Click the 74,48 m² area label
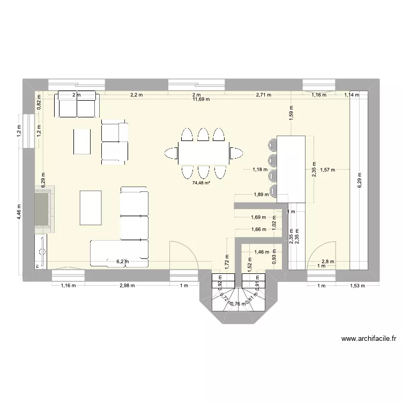[202, 183]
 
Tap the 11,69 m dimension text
[201, 99]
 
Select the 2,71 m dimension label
[263, 95]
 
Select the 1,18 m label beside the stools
[260, 170]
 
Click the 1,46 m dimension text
[262, 251]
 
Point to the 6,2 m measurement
[123, 262]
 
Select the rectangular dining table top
[203, 153]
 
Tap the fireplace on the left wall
[43, 210]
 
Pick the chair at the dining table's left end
[172, 153]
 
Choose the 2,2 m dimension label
[137, 95]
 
